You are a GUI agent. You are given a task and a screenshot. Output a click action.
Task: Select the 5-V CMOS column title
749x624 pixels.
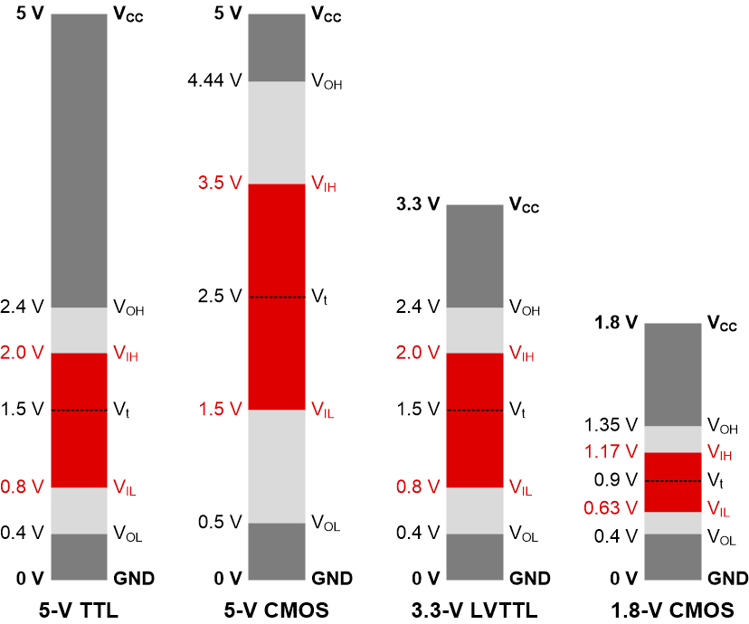pyautogui.click(x=277, y=610)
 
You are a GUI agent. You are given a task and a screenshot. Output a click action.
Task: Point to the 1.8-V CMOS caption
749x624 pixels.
pyautogui.click(x=673, y=610)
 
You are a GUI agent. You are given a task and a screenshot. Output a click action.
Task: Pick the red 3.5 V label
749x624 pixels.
pyautogui.click(x=220, y=183)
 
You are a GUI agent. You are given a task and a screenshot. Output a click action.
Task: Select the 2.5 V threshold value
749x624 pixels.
pyautogui.click(x=220, y=297)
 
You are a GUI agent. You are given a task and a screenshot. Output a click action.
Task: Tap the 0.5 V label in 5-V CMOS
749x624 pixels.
pyautogui.click(x=220, y=522)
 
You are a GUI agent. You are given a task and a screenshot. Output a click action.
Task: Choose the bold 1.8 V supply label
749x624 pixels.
pyautogui.click(x=616, y=323)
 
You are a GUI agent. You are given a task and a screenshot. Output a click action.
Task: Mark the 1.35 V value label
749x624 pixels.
pyautogui.click(x=612, y=424)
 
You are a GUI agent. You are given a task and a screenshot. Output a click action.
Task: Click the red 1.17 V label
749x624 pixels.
pyautogui.click(x=612, y=450)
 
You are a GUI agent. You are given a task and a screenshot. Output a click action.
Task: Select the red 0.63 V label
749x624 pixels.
pyautogui.click(x=612, y=508)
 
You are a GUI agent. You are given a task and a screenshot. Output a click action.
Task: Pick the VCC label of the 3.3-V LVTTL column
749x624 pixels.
pyautogui.click(x=524, y=206)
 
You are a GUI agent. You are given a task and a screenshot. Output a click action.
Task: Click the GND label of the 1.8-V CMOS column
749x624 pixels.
pyautogui.click(x=725, y=579)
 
